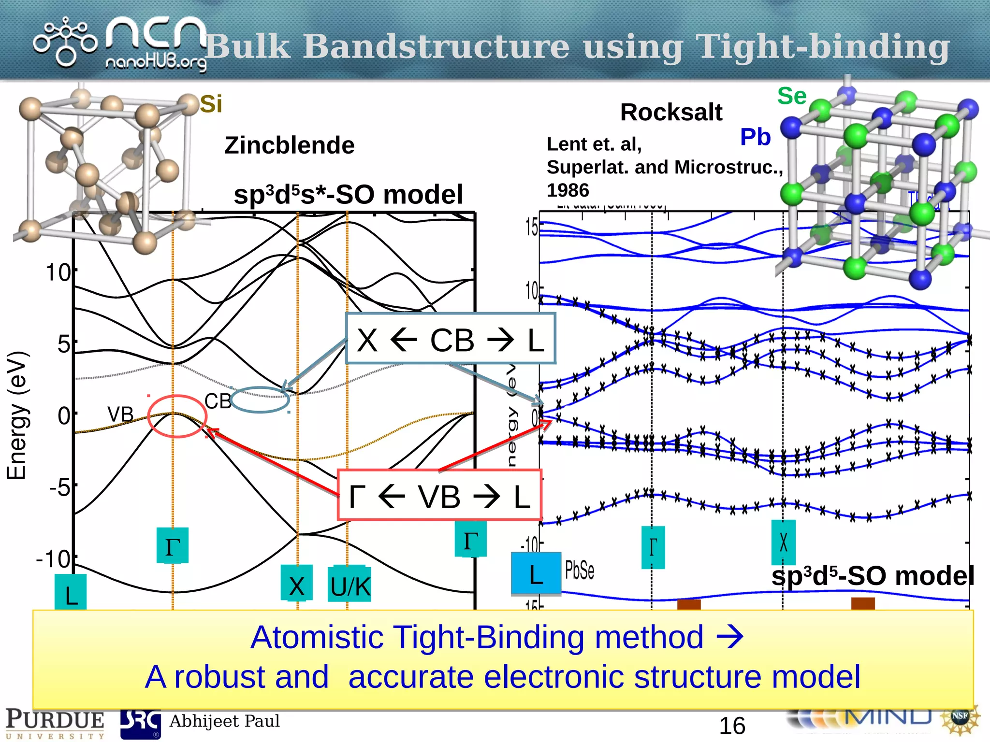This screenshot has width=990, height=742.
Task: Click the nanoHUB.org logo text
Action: [156, 63]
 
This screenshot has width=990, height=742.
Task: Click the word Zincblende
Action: [289, 145]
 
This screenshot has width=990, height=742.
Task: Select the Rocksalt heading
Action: [671, 113]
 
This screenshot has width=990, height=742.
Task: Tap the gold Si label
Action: [211, 104]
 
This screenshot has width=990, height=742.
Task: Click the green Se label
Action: [791, 96]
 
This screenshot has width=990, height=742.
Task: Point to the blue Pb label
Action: [755, 137]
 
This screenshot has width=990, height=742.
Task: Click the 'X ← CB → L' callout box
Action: [451, 339]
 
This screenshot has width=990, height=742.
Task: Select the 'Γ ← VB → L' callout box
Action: [439, 496]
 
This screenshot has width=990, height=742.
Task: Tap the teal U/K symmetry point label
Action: [349, 586]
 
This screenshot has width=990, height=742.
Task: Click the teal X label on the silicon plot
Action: [296, 585]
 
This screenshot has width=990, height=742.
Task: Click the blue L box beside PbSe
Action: [536, 574]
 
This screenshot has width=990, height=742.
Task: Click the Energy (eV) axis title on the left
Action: [16, 415]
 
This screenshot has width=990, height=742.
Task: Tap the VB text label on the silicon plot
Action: [120, 414]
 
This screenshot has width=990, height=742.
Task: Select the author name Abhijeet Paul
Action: [224, 721]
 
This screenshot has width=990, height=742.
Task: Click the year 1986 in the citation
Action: [568, 190]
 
